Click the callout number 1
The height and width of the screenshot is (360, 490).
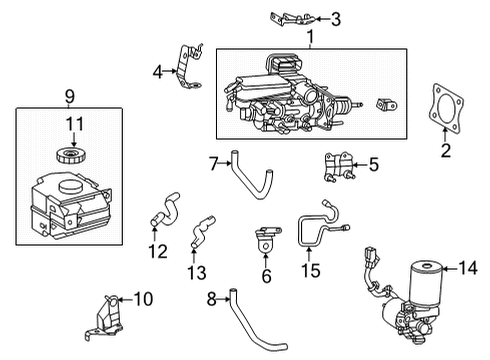(x=310, y=37)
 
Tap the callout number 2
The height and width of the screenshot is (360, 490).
(x=446, y=151)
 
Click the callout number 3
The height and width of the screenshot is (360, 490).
(x=336, y=18)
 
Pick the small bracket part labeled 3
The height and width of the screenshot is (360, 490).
(x=297, y=17)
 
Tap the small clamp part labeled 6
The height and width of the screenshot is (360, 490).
(x=266, y=243)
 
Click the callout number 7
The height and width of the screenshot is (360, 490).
(x=213, y=162)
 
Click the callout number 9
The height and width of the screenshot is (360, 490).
(x=69, y=97)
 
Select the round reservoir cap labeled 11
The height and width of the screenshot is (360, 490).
(x=70, y=158)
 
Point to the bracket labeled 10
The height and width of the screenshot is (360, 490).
(x=115, y=312)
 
